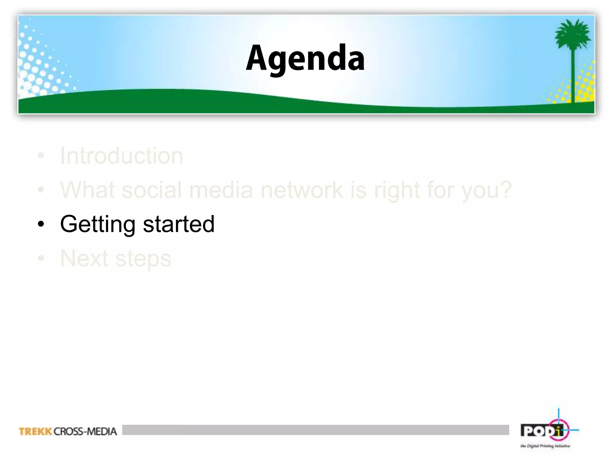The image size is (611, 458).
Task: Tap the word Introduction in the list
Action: click(121, 156)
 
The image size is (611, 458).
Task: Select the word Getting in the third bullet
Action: click(98, 224)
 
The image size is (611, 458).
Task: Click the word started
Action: click(179, 224)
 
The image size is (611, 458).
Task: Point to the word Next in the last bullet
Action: click(84, 258)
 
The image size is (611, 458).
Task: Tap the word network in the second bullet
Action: click(302, 190)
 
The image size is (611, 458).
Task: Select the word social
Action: click(151, 190)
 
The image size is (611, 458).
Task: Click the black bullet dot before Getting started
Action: click(41, 224)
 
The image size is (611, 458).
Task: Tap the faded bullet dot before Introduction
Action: click(41, 156)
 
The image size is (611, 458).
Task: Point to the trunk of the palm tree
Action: click(573, 78)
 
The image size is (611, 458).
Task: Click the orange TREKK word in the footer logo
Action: click(36, 431)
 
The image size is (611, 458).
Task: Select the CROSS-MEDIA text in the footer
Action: click(85, 431)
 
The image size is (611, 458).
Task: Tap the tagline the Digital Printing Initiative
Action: click(545, 446)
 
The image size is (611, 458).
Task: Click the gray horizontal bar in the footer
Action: click(315, 430)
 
